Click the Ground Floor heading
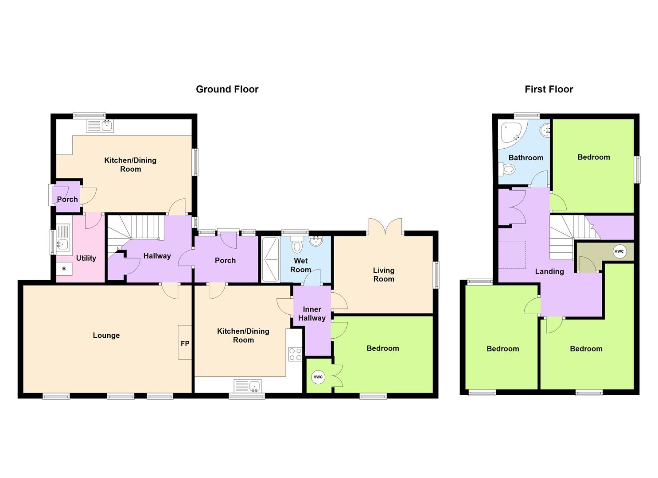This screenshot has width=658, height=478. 227,89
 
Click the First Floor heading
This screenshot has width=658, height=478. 549,89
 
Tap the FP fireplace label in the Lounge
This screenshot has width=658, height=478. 185,343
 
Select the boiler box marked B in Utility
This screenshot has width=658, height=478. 64,269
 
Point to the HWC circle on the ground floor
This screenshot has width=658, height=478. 318,377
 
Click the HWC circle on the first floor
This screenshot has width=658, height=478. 619,251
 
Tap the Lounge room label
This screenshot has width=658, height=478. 106,335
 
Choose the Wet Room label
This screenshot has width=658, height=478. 300,265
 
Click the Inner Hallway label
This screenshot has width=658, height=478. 312,313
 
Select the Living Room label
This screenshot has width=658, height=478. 384,274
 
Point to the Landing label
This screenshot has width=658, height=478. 549,271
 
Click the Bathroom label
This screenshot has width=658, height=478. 526,158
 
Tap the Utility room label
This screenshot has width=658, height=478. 86,258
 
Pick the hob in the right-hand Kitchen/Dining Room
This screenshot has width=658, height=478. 295,354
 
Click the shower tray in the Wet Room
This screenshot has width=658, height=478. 270,260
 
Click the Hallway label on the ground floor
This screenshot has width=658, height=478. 157,256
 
